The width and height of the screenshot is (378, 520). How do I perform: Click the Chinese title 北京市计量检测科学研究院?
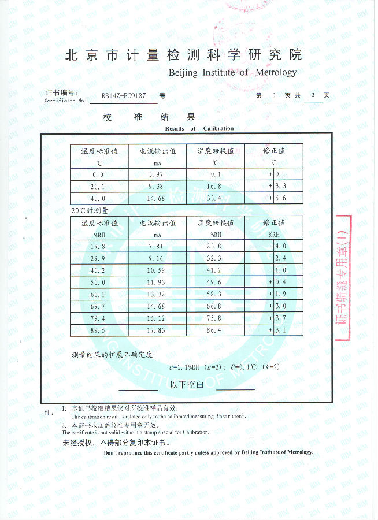tap(183, 55)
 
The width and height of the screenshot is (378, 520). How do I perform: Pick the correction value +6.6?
tap(277, 198)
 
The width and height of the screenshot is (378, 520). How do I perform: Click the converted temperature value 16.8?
tap(215, 187)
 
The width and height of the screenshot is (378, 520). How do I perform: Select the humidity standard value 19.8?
tap(99, 246)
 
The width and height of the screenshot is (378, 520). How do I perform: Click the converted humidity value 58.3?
tap(215, 294)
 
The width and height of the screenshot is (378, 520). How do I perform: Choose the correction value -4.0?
tap(277, 246)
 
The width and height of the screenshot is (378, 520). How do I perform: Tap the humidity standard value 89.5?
tap(99, 330)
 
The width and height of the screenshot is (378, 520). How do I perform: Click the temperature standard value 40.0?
tap(99, 198)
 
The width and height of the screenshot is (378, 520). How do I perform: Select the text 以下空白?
tap(186, 384)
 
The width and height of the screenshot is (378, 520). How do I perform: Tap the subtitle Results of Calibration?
tap(199, 128)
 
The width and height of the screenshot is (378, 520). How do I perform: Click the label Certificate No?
tap(65, 101)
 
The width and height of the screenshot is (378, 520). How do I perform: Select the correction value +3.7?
tap(277, 318)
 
